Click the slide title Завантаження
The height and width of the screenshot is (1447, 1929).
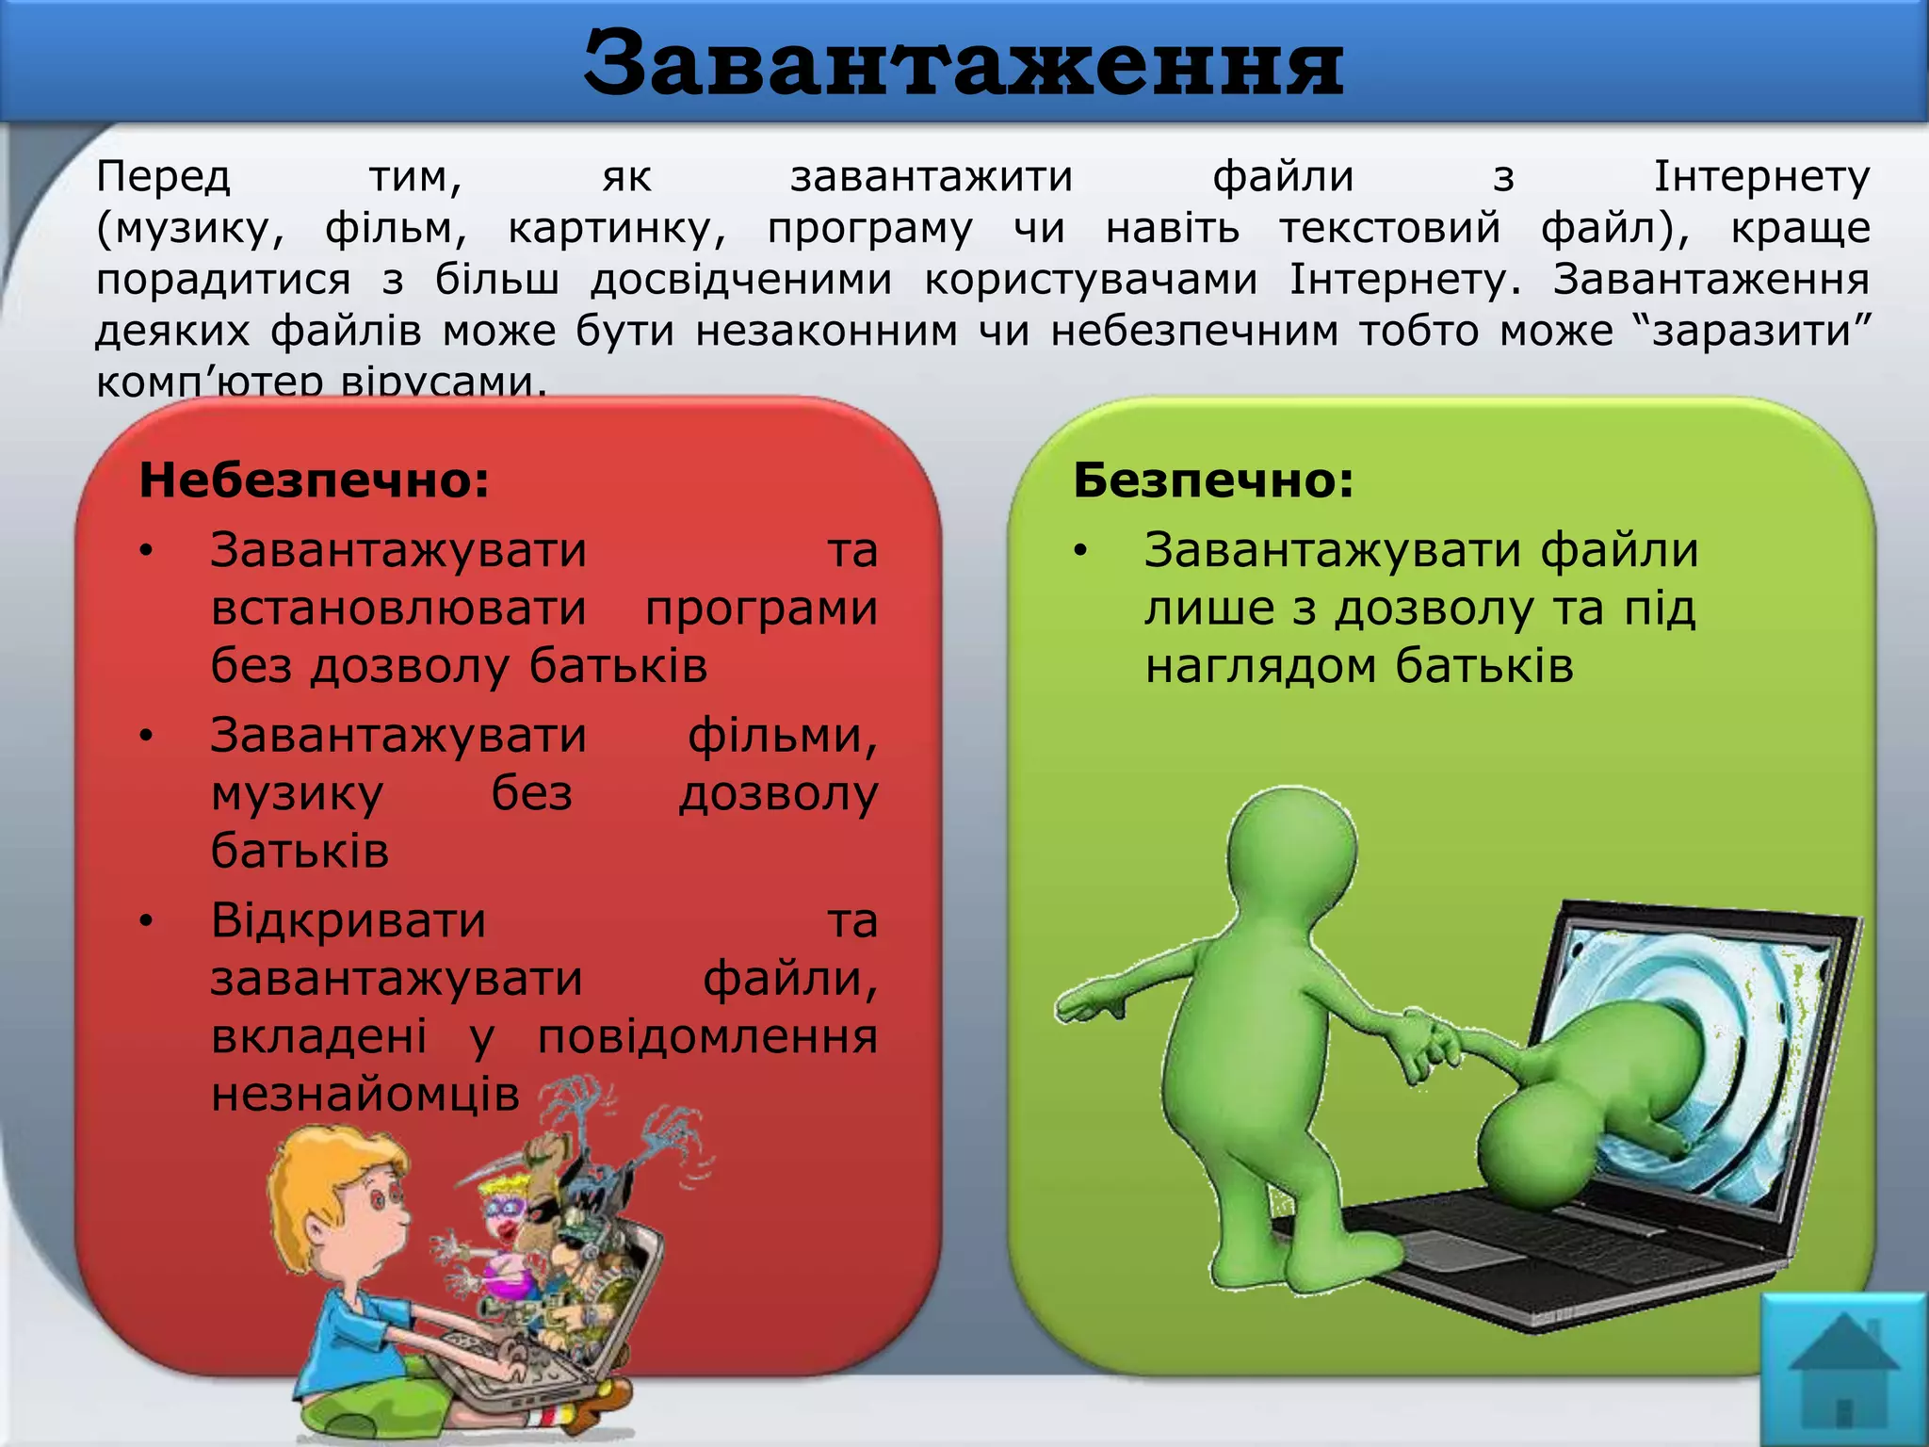(963, 64)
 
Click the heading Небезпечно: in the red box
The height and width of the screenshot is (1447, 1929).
(315, 480)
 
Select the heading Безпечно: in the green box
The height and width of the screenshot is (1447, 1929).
(1213, 480)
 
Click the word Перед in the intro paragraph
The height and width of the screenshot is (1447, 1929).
(163, 177)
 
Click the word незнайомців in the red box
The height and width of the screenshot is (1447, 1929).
(365, 1094)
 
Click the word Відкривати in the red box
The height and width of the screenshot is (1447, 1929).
(348, 920)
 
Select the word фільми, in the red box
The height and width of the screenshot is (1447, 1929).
(783, 736)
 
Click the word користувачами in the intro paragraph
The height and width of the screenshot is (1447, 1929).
(1091, 280)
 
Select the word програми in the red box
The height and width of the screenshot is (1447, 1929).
(761, 609)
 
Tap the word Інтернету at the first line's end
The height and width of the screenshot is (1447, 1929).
(1761, 177)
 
